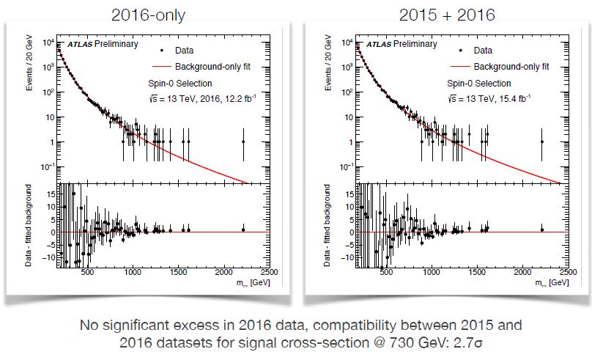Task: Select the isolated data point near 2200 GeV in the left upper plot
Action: click(x=243, y=142)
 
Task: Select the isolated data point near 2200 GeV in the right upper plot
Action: click(x=541, y=142)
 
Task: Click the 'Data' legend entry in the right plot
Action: click(x=483, y=51)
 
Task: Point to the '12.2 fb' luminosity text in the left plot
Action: click(x=229, y=98)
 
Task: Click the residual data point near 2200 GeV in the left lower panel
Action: click(x=243, y=229)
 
